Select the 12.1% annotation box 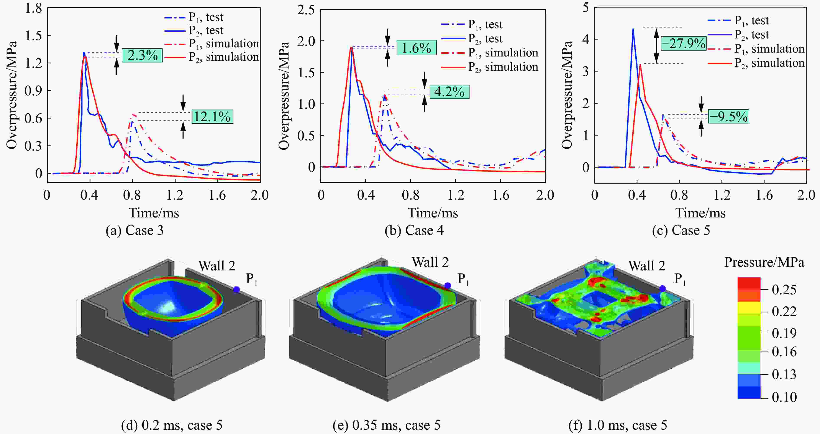[212, 117]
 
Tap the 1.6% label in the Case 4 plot [416, 48]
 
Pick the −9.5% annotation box [728, 117]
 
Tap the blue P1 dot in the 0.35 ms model [448, 285]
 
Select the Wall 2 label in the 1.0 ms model [646, 266]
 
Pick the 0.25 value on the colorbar [784, 290]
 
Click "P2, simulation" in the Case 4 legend [503, 67]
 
